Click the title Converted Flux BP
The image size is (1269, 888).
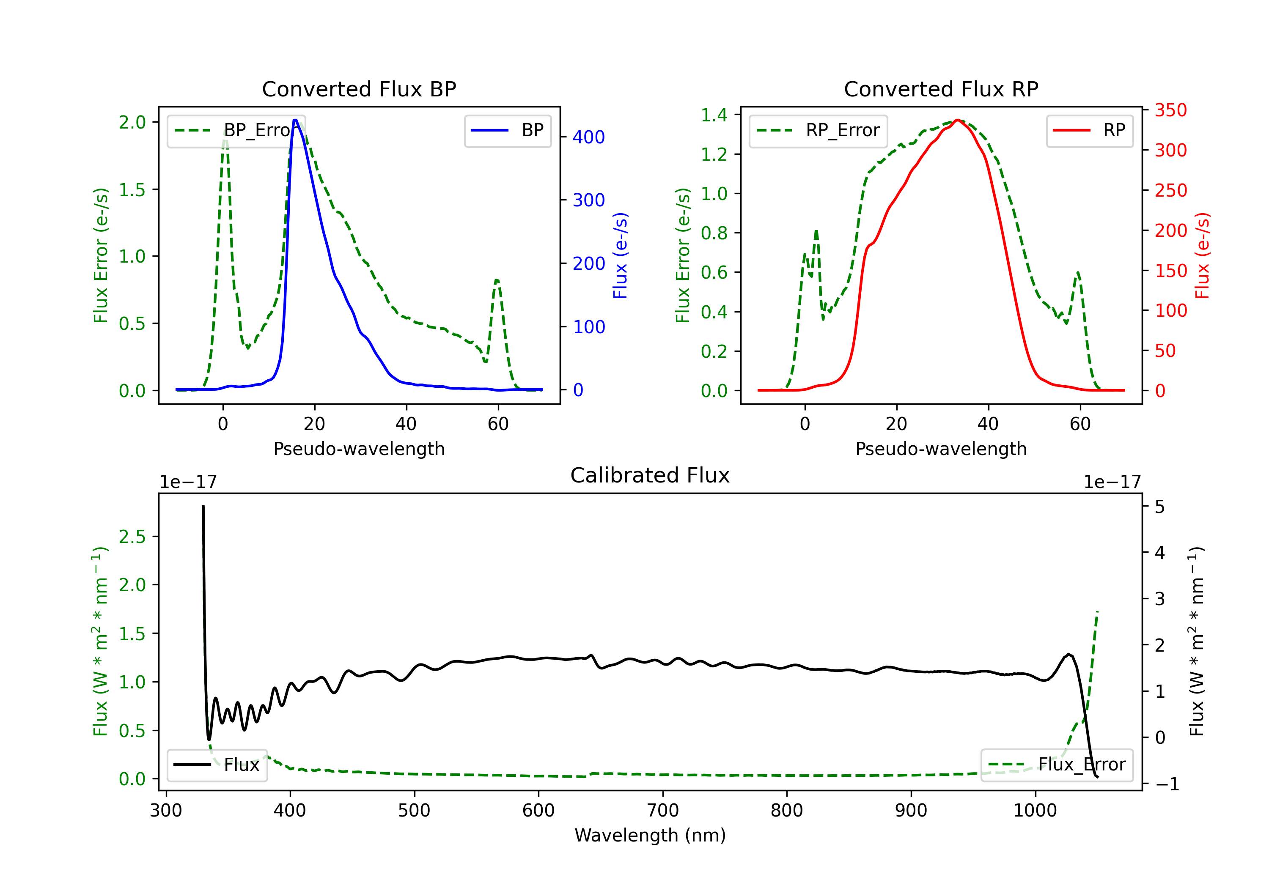click(x=359, y=89)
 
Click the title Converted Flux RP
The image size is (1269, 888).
click(x=941, y=89)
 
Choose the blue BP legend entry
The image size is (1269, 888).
click(x=507, y=130)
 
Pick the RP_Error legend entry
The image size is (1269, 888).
click(x=818, y=130)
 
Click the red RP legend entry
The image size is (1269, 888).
click(x=1089, y=130)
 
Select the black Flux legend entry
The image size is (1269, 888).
click(x=217, y=765)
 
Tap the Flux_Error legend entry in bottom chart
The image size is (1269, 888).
click(x=1057, y=765)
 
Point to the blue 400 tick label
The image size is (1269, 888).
click(x=589, y=137)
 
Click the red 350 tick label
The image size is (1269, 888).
click(x=1170, y=110)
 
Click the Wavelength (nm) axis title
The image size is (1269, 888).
click(x=650, y=835)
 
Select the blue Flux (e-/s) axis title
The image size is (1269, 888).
click(x=620, y=256)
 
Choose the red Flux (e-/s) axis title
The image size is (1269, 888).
click(x=1202, y=256)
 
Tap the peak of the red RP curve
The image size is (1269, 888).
click(x=957, y=120)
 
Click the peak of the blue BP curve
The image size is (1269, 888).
click(x=295, y=120)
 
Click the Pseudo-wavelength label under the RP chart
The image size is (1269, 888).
click(x=941, y=449)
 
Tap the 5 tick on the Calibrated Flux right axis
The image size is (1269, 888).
click(x=1159, y=507)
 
